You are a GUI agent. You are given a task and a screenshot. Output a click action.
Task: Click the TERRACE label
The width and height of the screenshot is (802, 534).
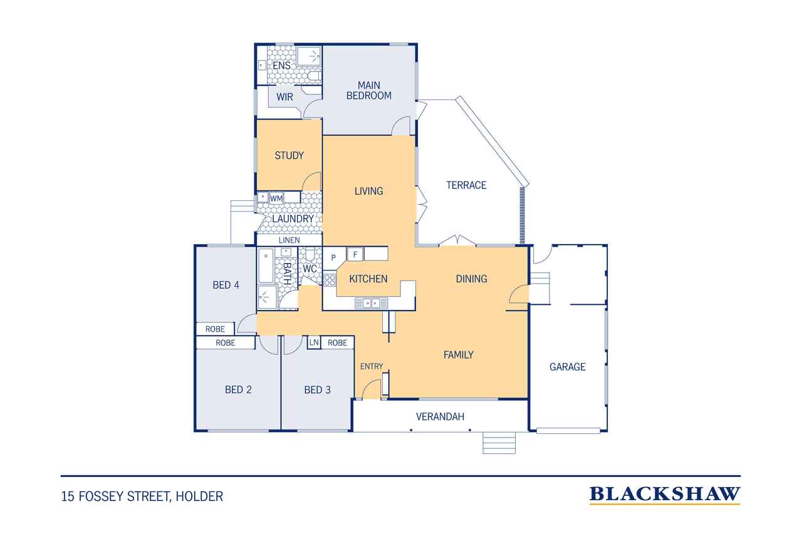tap(466, 185)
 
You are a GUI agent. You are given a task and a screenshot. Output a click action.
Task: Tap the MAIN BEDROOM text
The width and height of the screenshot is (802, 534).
tap(369, 91)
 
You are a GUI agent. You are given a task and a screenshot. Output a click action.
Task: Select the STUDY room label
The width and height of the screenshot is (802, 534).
tap(289, 156)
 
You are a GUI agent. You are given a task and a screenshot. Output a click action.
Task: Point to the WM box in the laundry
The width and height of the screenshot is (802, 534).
tap(276, 198)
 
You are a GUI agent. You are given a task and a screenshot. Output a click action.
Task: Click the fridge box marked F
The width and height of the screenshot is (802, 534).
tap(355, 255)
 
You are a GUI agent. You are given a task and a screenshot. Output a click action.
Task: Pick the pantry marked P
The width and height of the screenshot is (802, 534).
tap(333, 257)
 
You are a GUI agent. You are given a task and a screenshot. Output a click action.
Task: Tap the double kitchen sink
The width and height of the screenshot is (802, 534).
tap(372, 303)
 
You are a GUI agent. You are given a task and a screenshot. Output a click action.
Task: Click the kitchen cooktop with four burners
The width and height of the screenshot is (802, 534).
tap(330, 279)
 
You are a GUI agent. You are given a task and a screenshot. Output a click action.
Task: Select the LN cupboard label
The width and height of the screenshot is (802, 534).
tap(314, 342)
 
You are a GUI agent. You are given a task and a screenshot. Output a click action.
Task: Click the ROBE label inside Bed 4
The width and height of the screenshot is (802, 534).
tap(215, 329)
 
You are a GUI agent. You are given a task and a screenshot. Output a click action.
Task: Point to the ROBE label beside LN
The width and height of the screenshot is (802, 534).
tap(337, 342)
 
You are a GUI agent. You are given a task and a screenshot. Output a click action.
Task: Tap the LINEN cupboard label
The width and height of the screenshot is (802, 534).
tap(289, 240)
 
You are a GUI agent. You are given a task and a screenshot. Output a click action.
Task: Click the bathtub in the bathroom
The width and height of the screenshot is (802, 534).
tap(266, 266)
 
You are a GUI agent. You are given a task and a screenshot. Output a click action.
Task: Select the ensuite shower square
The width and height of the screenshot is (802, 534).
tap(309, 56)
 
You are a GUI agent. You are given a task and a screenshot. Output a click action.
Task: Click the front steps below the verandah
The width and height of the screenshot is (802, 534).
tap(499, 443)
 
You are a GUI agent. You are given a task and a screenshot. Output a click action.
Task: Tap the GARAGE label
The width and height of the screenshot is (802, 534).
tap(568, 367)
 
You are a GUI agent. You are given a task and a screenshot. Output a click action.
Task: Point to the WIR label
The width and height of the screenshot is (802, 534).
tap(284, 97)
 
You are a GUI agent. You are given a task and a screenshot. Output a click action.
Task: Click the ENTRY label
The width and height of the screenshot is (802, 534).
tap(372, 366)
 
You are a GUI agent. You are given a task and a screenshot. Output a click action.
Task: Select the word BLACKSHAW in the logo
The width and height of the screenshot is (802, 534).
tap(665, 494)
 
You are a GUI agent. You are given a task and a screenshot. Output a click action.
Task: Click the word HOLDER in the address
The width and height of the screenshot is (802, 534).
tap(199, 496)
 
